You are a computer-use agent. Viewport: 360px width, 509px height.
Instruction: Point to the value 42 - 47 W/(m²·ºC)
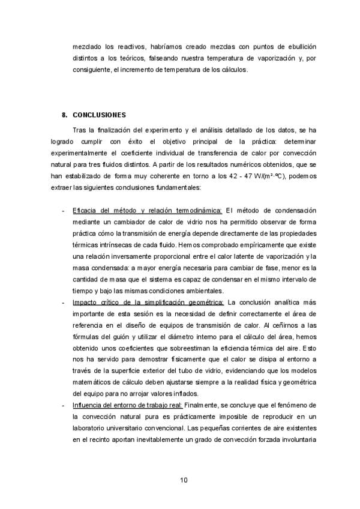(x=240, y=175)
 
